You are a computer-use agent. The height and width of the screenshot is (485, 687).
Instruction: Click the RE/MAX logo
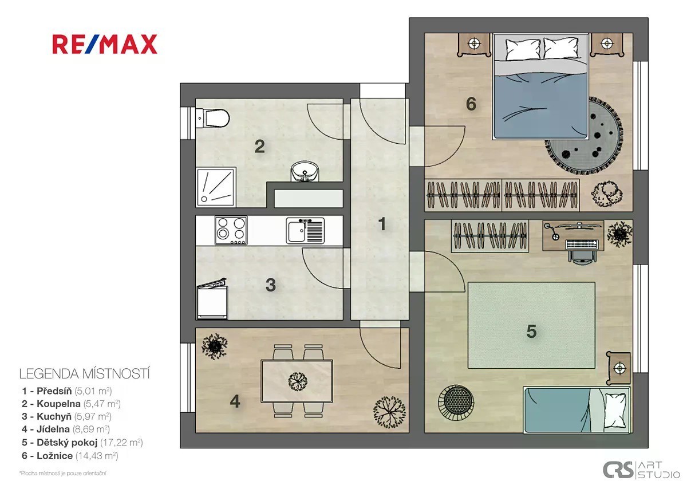(x=105, y=44)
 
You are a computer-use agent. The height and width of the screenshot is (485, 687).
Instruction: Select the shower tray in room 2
(x=216, y=187)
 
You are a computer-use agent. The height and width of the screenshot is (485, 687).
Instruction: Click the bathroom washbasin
(x=305, y=171)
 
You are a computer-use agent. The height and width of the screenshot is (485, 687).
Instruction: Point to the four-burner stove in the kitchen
(x=231, y=230)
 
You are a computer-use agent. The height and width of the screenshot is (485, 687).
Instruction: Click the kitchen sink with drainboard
(x=305, y=231)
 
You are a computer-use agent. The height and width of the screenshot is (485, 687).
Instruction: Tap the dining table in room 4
(x=297, y=381)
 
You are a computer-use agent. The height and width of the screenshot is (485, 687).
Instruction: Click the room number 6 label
(x=471, y=104)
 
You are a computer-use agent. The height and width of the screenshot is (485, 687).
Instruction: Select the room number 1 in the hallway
(x=382, y=224)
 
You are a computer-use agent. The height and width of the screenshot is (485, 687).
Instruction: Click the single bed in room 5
(x=577, y=409)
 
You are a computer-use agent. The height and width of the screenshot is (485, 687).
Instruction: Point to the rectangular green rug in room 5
(x=531, y=325)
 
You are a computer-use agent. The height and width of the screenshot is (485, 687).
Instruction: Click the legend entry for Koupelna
(x=71, y=404)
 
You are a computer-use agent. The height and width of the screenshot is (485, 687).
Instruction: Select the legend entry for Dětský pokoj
(x=82, y=443)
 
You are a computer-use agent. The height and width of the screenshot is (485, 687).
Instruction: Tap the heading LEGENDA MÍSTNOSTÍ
(x=84, y=374)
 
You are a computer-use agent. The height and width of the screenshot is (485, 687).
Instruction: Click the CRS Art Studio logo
(x=641, y=470)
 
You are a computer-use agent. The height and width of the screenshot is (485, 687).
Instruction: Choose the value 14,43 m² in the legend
(x=97, y=456)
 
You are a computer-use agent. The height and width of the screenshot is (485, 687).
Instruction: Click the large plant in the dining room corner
(x=389, y=412)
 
